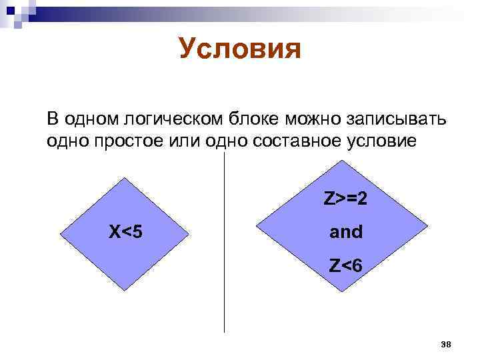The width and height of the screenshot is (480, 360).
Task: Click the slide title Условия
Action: [x=240, y=49]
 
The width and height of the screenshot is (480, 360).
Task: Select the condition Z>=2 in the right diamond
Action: [x=347, y=199]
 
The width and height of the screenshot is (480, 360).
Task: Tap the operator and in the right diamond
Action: [x=346, y=232]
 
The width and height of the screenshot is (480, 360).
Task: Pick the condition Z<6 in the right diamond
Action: [x=346, y=266]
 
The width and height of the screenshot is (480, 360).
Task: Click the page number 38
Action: [x=446, y=344]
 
